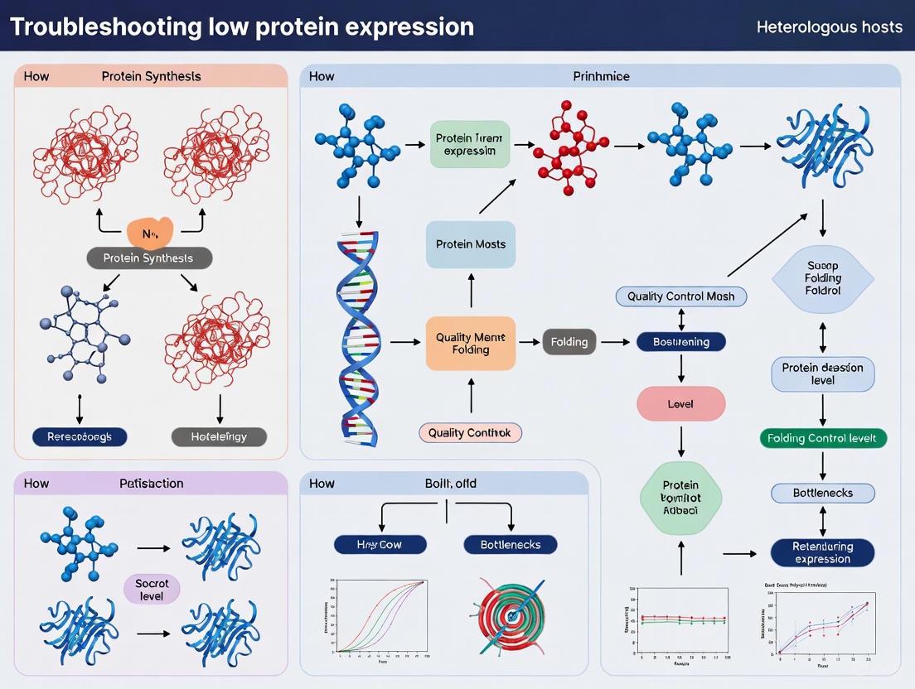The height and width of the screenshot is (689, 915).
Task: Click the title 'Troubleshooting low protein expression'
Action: (x=242, y=26)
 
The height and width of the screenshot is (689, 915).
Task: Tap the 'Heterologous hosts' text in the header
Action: (x=829, y=26)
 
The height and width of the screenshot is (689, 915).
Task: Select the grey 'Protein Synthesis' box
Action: (x=149, y=258)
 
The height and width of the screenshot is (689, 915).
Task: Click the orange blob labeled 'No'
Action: (x=150, y=233)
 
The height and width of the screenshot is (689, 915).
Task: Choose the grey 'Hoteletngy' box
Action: (x=219, y=436)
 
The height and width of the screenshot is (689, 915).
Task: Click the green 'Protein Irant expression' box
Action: (x=469, y=144)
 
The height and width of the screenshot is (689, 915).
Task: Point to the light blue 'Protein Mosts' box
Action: (x=470, y=244)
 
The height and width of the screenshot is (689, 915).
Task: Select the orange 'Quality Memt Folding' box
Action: (x=470, y=344)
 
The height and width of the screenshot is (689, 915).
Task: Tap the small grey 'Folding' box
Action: (x=569, y=341)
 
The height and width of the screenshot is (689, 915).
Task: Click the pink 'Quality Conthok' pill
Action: (x=470, y=432)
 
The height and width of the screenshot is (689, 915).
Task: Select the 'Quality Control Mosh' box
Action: (x=680, y=296)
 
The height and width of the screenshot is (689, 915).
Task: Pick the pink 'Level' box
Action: (x=680, y=404)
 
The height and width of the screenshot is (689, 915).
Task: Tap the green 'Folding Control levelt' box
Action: (x=822, y=438)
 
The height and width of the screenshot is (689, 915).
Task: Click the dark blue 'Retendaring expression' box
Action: (x=822, y=552)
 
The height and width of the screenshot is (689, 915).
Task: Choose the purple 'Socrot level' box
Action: (x=152, y=590)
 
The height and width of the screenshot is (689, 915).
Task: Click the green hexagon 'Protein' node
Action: (x=680, y=498)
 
